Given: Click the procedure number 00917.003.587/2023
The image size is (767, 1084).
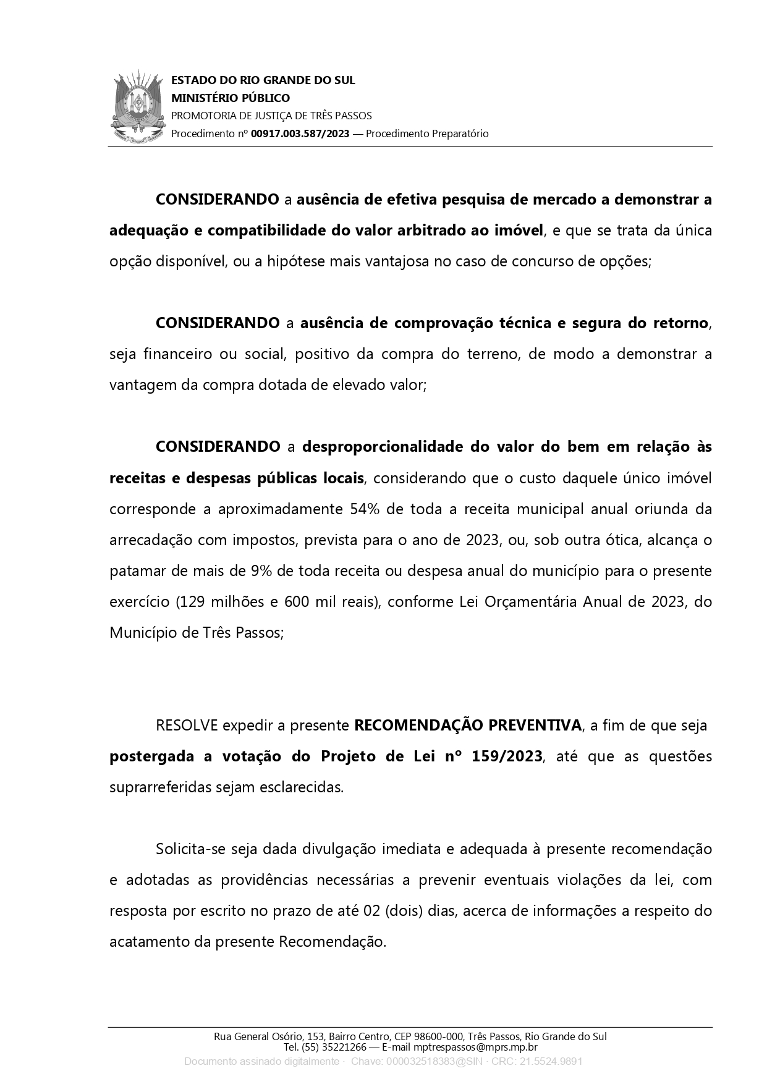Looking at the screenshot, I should [300, 133].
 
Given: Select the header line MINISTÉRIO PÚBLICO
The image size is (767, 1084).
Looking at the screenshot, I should [230, 98].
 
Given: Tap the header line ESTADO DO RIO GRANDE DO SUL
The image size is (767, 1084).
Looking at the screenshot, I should [263, 80].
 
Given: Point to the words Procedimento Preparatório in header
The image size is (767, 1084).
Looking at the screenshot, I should [427, 133].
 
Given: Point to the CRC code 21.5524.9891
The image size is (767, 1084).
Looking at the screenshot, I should [551, 1062].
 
